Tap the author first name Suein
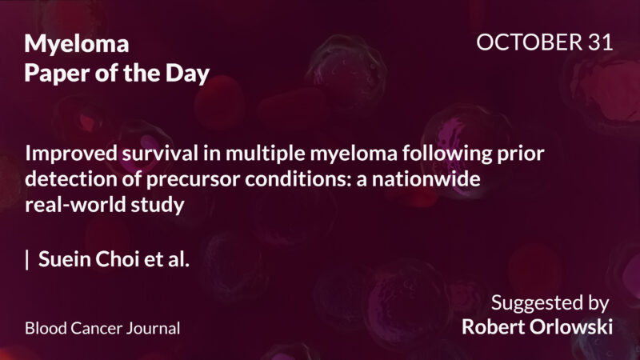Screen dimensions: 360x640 64,260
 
